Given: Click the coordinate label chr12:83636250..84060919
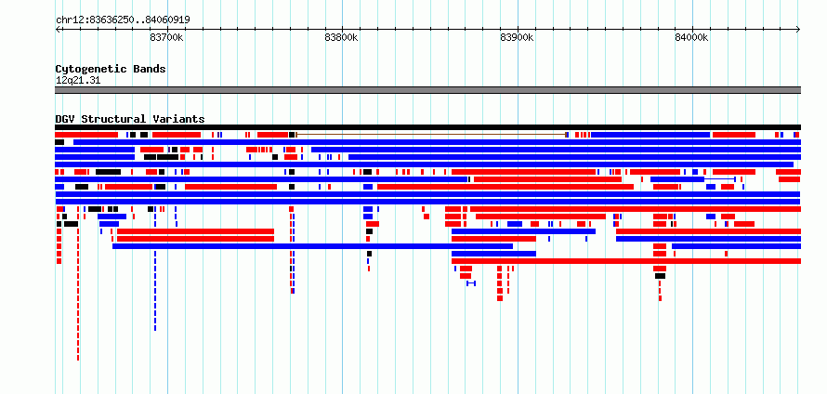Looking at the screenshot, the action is coord(123,20).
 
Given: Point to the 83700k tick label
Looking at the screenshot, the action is coord(166,37).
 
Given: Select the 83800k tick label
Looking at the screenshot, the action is coord(342,37).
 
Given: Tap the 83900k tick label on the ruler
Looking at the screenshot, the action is coord(517,37).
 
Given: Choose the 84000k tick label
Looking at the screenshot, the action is coord(691,37).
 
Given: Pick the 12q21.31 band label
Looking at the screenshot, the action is coord(78,81).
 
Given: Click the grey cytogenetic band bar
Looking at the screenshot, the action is coord(427,90).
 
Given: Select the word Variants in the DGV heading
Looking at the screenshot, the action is coord(178,119).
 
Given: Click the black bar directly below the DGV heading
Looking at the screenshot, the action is coord(427,127).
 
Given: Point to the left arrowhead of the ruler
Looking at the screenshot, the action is coord(57,30).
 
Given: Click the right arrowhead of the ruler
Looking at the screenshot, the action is coord(799,30).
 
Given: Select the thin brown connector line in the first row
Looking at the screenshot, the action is coord(430,135).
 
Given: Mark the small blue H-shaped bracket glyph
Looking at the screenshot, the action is coord(471,283).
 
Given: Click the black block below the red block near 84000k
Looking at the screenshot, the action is coord(660,276).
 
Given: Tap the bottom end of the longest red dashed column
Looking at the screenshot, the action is coord(78,360).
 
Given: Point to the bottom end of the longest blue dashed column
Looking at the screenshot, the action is coord(155,330).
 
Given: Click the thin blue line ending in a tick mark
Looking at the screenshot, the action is coord(720,179).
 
